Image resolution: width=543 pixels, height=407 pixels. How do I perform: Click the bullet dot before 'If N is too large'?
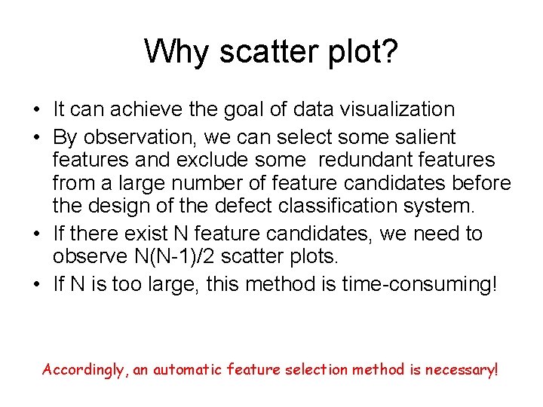(36, 285)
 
